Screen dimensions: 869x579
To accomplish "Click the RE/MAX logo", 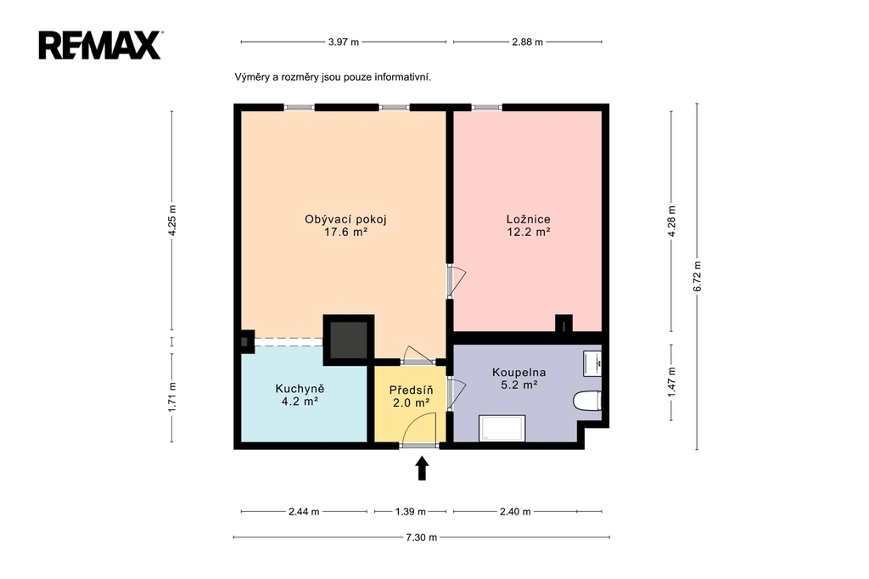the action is tap(100, 45).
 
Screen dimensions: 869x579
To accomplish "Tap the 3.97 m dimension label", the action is tap(344, 42).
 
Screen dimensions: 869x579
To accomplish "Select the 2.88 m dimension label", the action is tap(528, 42).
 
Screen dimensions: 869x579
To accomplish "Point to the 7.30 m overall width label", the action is tap(421, 537).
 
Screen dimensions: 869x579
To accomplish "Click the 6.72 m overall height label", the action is tap(698, 276).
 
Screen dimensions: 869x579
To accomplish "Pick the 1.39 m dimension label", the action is tap(410, 511).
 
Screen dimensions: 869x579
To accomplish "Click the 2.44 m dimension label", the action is tap(304, 511).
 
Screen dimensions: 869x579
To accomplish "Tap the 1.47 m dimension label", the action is tap(672, 381).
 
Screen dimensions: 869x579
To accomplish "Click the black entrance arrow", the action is tap(423, 468).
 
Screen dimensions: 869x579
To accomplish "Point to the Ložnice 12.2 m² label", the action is tap(528, 225).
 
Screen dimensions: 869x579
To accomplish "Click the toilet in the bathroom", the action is tap(587, 401).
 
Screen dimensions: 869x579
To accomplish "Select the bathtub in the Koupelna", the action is tap(502, 428).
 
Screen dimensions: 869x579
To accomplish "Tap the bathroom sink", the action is tap(592, 363).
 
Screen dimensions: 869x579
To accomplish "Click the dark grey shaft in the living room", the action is tap(349, 340).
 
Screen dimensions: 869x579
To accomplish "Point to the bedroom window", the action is tap(486, 108).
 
